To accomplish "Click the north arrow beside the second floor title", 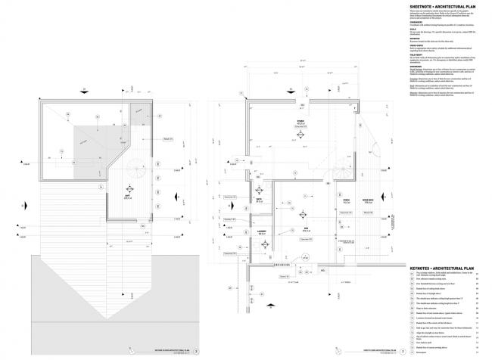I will pyautogui.click(x=185, y=352).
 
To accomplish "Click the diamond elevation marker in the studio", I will pyautogui.click(x=300, y=136).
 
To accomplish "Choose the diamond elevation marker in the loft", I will pyautogui.click(x=128, y=186).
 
